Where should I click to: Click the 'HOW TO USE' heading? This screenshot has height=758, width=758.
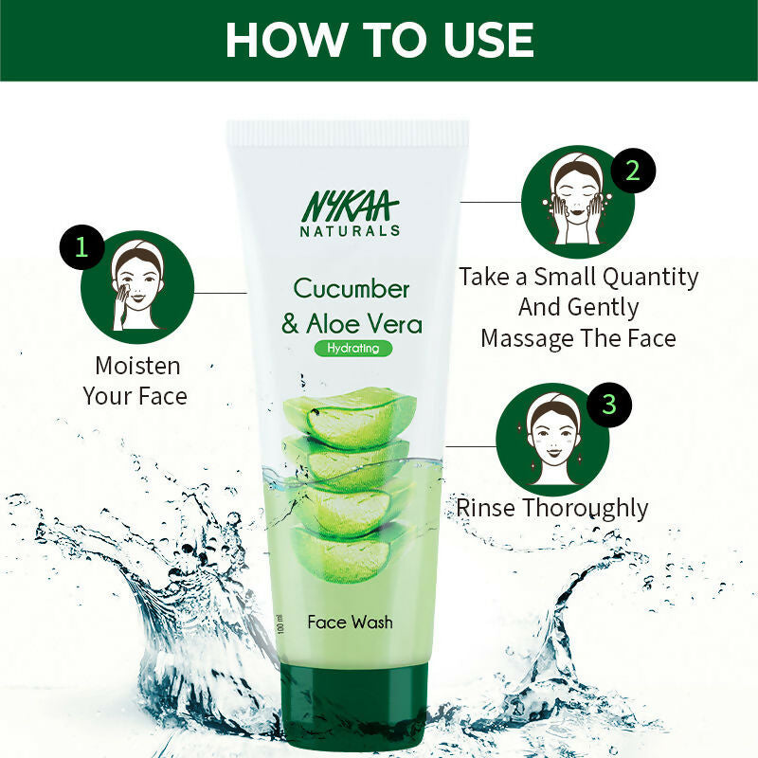(379, 40)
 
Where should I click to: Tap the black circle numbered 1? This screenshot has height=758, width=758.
(81, 248)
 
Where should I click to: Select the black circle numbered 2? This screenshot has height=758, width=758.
(632, 171)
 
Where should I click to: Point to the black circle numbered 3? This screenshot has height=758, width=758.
(608, 405)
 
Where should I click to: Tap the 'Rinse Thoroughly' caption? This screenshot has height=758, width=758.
(552, 508)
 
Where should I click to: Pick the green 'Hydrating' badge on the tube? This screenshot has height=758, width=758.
(352, 348)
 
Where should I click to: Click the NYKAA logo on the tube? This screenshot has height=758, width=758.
(351, 206)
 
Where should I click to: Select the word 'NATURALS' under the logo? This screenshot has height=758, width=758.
(351, 230)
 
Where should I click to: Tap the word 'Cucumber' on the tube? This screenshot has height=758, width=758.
(352, 288)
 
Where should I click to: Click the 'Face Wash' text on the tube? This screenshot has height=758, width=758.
(350, 623)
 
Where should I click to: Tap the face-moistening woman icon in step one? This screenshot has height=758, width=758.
(137, 286)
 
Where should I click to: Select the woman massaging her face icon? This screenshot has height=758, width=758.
(576, 202)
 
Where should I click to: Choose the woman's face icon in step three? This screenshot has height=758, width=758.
(553, 438)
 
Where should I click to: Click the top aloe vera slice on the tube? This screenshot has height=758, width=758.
(350, 414)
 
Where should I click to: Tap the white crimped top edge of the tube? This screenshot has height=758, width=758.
(348, 132)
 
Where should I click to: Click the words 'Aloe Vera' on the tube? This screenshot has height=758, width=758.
(364, 324)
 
